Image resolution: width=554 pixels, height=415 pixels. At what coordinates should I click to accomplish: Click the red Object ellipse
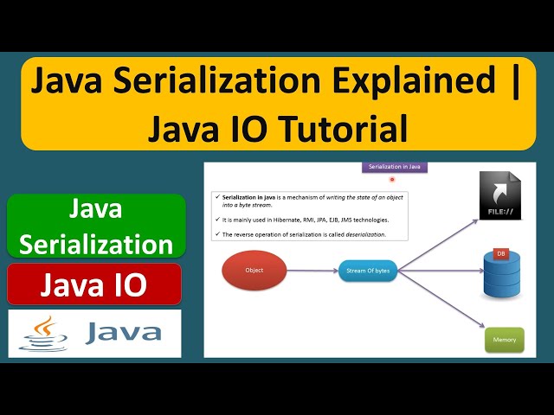point(254,270)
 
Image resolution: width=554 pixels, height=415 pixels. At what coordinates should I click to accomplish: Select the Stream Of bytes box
point(363,270)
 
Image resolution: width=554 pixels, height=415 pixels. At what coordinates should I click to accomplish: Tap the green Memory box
point(504,339)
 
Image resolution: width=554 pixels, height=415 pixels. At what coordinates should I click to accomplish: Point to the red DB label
point(500,253)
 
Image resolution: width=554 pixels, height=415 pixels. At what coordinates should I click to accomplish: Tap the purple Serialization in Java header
point(395,167)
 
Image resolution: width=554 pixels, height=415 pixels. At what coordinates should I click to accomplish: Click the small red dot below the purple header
point(392,180)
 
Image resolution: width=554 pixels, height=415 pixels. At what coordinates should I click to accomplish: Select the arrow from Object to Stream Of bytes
point(311,270)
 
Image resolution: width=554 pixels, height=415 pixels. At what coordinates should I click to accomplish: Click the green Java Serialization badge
point(97,227)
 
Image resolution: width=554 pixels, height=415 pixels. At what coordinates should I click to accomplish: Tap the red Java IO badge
point(94,284)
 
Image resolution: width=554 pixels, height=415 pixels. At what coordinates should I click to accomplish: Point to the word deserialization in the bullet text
point(364,234)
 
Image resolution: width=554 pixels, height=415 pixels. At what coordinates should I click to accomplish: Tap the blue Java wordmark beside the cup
point(123,333)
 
